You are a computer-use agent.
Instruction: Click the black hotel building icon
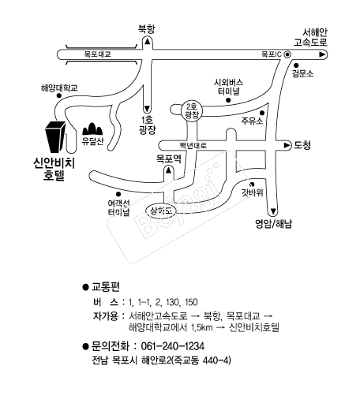(x=55, y=137)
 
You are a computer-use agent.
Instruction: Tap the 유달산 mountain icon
(x=92, y=129)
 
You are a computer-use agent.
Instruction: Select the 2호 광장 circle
(x=192, y=111)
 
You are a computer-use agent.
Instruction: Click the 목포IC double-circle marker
(x=287, y=54)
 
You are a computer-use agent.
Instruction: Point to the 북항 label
(x=146, y=28)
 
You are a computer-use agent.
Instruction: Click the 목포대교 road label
(x=97, y=54)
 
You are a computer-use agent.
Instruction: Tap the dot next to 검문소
(x=296, y=65)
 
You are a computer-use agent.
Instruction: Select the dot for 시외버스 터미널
(x=228, y=100)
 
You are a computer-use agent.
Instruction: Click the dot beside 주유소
(x=262, y=113)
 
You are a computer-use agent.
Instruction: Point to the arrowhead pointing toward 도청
(x=287, y=145)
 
